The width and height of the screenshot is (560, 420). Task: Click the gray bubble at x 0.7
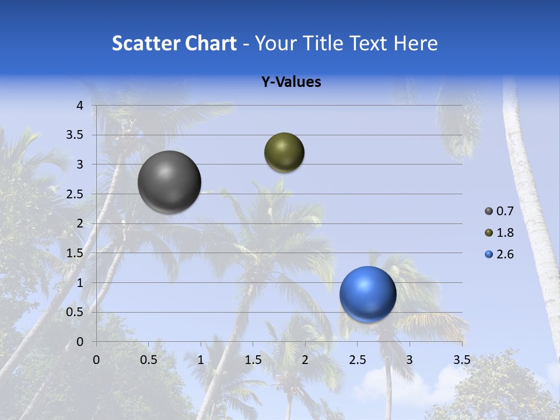click(x=169, y=182)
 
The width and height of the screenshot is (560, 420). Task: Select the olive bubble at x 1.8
click(x=284, y=152)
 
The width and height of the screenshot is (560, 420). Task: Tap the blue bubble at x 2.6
click(x=367, y=294)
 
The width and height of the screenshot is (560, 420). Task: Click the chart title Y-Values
click(x=291, y=82)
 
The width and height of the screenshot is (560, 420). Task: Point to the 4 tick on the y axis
click(x=80, y=106)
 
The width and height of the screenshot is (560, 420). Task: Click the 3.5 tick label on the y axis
click(x=75, y=135)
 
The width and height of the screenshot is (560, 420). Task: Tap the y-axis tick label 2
click(x=80, y=223)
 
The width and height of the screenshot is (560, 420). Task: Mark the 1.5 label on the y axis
click(x=75, y=253)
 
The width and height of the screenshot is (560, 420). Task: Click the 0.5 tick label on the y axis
click(x=75, y=312)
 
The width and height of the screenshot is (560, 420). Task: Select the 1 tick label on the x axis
click(x=201, y=360)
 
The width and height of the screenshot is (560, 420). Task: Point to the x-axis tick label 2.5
click(x=357, y=360)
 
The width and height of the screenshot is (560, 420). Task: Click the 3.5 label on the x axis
click(x=461, y=360)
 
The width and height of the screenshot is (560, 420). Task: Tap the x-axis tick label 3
click(x=409, y=360)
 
